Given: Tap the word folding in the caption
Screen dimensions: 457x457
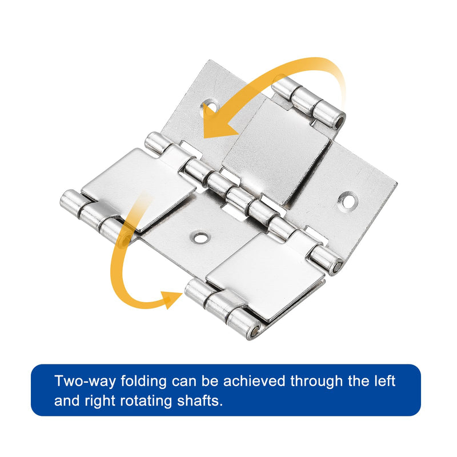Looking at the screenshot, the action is point(143,382).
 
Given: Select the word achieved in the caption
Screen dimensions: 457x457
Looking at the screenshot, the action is point(254,381).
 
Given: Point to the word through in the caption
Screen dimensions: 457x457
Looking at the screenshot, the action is point(316,382).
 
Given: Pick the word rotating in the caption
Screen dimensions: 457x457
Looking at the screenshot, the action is point(146,402).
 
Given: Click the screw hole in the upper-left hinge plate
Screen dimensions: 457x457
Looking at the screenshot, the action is point(211,105).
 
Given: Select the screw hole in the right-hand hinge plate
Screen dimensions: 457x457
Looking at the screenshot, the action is point(348,201).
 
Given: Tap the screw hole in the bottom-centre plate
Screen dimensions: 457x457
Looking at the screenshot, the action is point(199,238).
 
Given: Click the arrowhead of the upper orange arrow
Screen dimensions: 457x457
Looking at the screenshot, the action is point(219,122).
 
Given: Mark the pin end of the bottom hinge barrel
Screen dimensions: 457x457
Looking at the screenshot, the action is point(255,331).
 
